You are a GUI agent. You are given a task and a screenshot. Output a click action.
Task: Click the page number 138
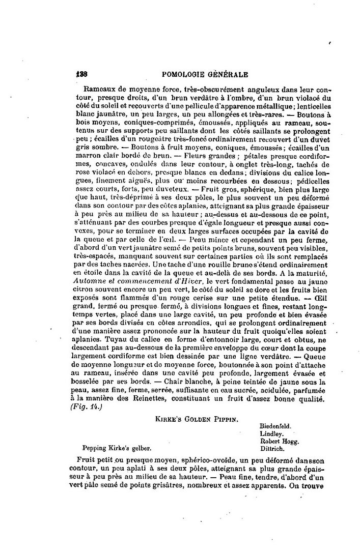(83, 74)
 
